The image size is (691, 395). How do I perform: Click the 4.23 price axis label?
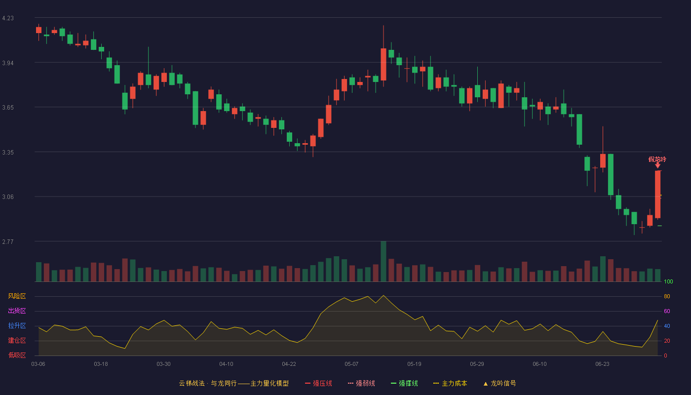[8, 18]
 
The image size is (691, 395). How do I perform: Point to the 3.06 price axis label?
[8, 197]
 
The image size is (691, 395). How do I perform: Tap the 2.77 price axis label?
[8, 241]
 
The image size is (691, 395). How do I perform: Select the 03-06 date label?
[38, 364]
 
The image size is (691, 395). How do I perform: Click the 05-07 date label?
[351, 364]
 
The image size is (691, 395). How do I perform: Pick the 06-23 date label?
[603, 364]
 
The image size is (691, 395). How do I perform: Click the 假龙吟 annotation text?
[657, 159]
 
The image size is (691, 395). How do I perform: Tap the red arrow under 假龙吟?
[657, 165]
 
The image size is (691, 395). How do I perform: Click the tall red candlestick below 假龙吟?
[657, 195]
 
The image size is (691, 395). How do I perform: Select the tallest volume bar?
[384, 261]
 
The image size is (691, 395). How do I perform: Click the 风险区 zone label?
[17, 296]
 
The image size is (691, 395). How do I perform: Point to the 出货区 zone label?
[17, 311]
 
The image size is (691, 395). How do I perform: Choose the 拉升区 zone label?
[17, 325]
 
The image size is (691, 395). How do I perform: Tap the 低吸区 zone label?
[17, 355]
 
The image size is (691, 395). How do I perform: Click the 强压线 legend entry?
[318, 383]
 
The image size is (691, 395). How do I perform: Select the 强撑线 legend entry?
[404, 383]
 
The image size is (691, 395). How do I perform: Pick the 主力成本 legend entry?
[450, 383]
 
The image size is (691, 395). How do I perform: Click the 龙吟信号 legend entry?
[499, 383]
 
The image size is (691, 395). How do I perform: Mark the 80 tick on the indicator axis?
[667, 296]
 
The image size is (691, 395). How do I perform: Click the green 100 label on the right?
[668, 281]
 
